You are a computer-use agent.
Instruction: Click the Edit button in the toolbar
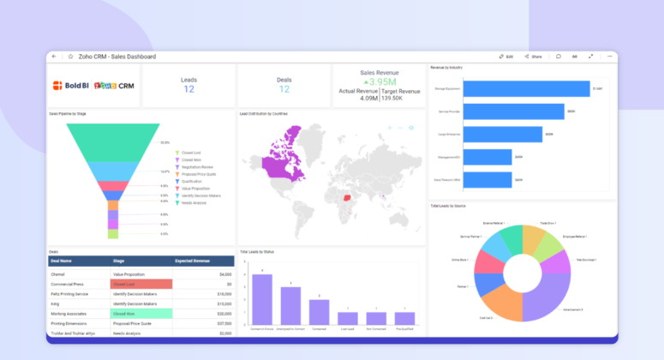(505, 57)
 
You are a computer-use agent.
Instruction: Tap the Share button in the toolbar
(533, 57)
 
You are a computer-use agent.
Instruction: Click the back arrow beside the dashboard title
(54, 57)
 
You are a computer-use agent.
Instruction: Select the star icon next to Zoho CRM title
(70, 57)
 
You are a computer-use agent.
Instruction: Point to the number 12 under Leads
(188, 89)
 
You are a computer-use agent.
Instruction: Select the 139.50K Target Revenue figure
(400, 99)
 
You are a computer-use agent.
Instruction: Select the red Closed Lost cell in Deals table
(141, 284)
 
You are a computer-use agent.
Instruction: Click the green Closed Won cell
(141, 314)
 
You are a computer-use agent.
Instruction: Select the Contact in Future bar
(262, 299)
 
